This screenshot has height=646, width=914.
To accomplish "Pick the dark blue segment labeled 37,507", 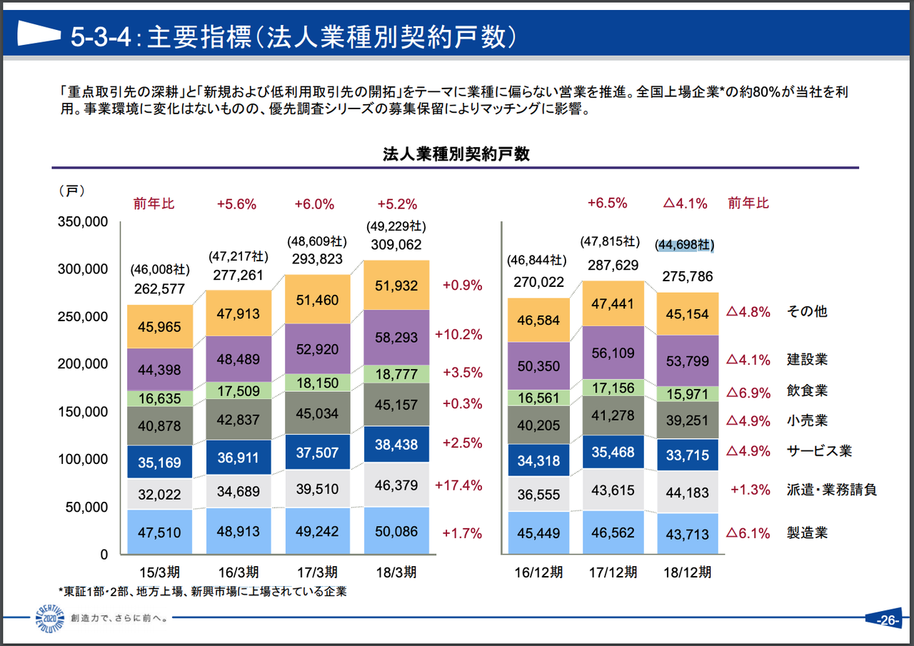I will [x=318, y=453].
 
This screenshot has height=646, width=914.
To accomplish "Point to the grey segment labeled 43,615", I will [x=607, y=490].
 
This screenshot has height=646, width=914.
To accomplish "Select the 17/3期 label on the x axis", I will [x=317, y=572].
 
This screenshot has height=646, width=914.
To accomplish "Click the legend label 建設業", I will [x=806, y=360].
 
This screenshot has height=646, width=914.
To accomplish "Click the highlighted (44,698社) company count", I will [x=685, y=245].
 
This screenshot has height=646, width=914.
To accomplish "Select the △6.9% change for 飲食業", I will [x=748, y=392].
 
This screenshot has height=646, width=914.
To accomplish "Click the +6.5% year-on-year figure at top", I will [x=607, y=203].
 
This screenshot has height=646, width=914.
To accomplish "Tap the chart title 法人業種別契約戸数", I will [x=456, y=153].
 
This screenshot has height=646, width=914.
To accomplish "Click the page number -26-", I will [x=886, y=620].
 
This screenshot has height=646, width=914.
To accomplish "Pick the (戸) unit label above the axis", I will [x=72, y=191].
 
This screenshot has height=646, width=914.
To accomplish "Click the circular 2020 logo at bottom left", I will [x=49, y=618].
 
